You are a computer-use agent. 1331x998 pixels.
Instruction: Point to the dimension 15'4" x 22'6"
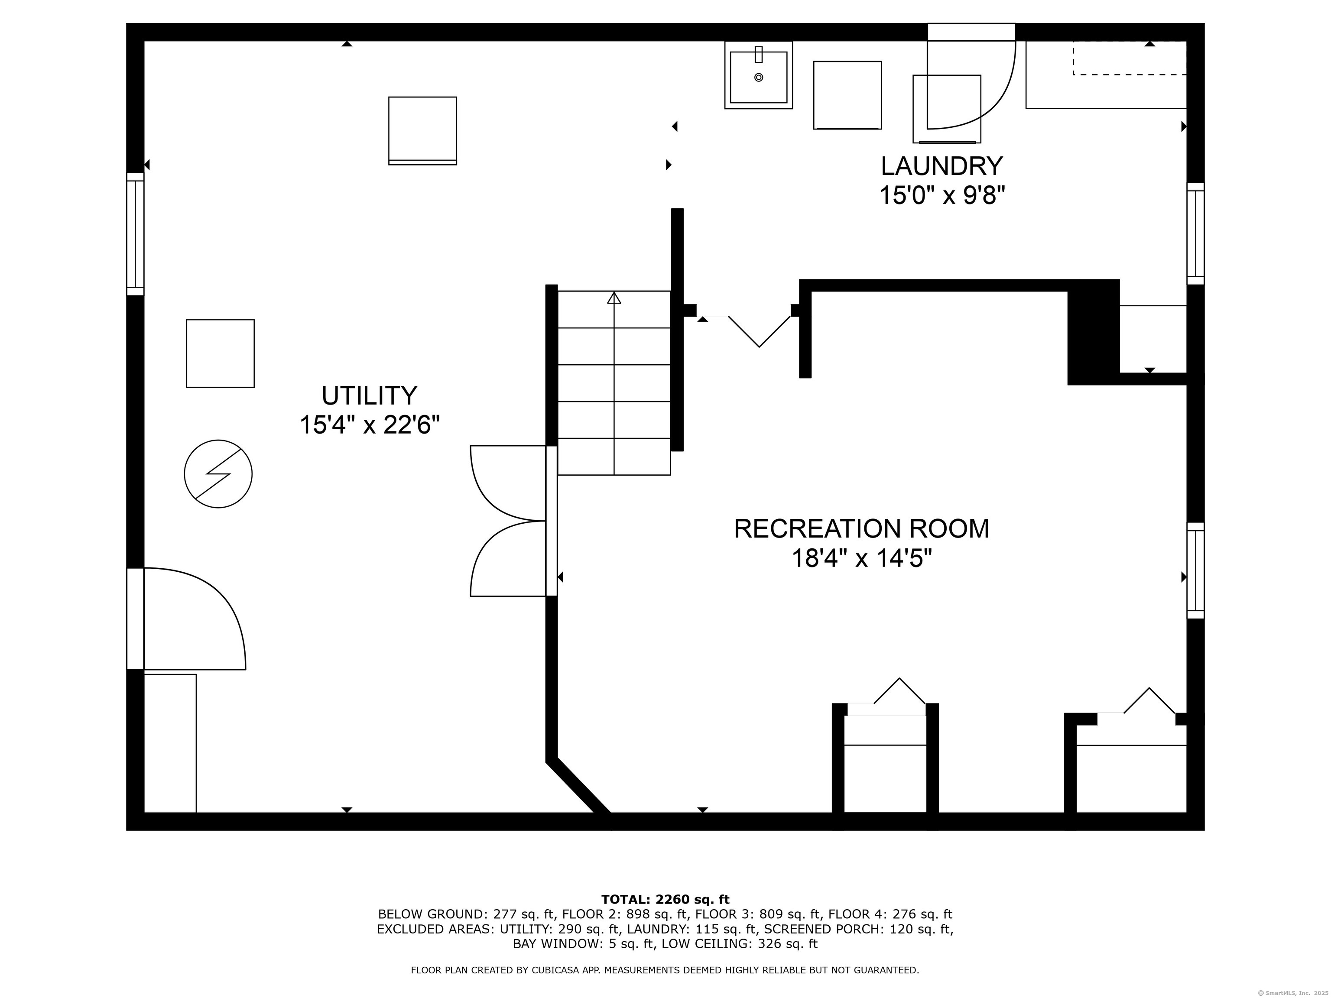coord(370,425)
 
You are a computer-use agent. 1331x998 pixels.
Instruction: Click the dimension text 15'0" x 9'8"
coord(942,195)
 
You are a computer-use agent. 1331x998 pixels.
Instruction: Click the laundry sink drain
coord(758,78)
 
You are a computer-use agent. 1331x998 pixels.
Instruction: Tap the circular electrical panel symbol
coord(218,474)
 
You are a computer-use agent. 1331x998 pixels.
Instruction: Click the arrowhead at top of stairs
coord(614,297)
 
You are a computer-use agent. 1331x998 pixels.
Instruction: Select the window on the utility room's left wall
coord(135,234)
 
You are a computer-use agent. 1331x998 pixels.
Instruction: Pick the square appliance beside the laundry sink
coord(847,95)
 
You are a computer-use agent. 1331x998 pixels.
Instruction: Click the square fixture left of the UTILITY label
coord(220,353)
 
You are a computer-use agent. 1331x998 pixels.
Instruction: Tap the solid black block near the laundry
coord(1093,332)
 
